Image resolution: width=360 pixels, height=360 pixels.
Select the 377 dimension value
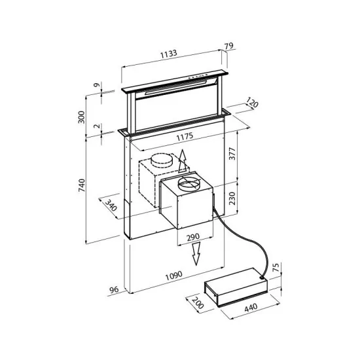coord(243,154)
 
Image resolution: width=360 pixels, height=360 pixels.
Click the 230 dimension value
coord(243,198)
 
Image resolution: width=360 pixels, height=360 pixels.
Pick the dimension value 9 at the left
coord(96,85)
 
